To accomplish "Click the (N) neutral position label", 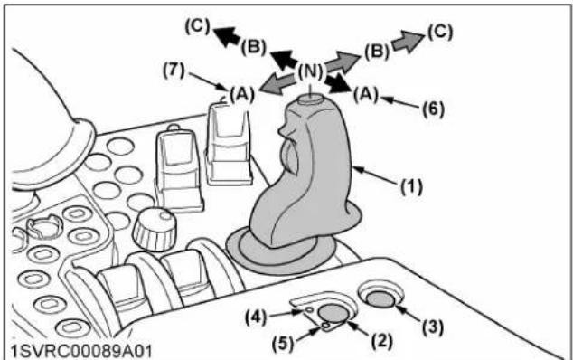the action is point(310,71).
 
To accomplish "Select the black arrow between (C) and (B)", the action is point(227,36).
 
